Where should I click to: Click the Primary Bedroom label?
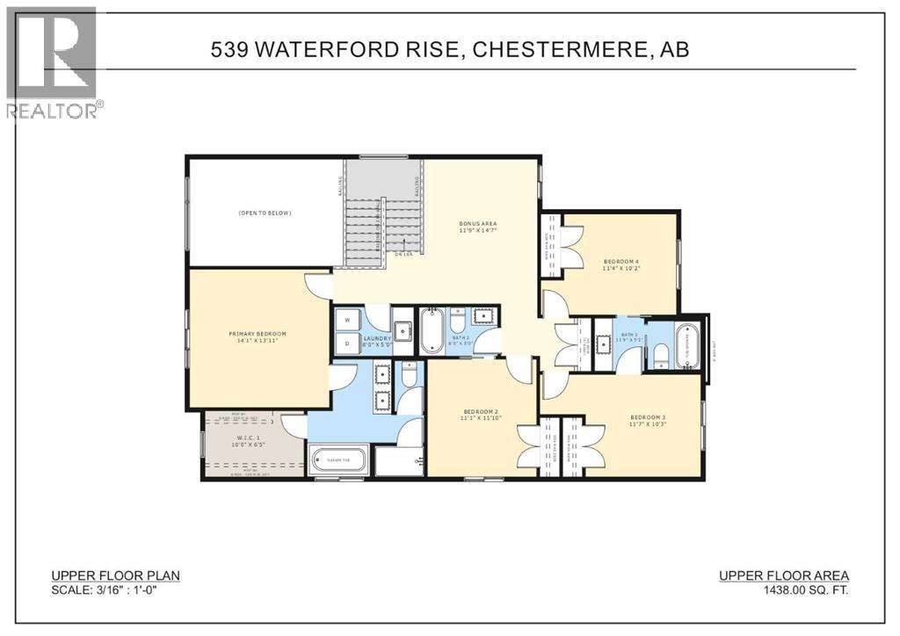click(x=258, y=334)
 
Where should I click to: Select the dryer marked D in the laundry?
click(x=348, y=343)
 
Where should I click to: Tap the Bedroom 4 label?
click(x=621, y=262)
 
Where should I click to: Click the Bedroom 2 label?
click(x=481, y=411)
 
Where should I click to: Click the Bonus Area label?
click(x=477, y=224)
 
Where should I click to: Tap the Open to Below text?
click(x=264, y=213)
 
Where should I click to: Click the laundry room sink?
click(x=403, y=331)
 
